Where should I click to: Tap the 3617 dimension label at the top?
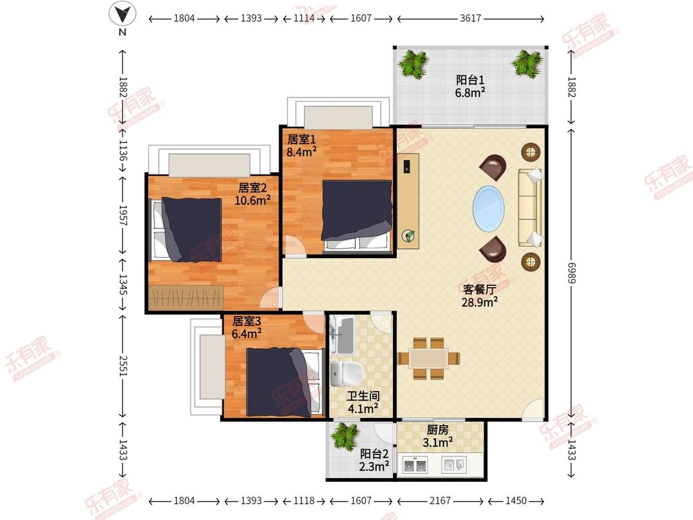coord(470,18)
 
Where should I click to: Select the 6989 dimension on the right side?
coord(571,274)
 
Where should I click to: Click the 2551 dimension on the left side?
coord(123,366)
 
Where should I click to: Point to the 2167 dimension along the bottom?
coord(440,500)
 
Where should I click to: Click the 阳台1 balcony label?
coord(470,80)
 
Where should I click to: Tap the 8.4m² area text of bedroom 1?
coord(301,152)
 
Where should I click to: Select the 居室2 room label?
coord(253,188)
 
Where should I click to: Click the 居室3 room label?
coord(246,321)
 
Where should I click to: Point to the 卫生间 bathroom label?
coord(363,396)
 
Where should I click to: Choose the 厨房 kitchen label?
coord(437,429)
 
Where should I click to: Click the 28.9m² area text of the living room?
coord(479,303)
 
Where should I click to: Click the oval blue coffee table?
coord(488,208)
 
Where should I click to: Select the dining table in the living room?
coord(428,358)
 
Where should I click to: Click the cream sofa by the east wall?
coord(530,207)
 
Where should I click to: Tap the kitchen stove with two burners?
coord(415,465)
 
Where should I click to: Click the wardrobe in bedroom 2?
coord(186,298)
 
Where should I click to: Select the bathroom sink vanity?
coord(342,335)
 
